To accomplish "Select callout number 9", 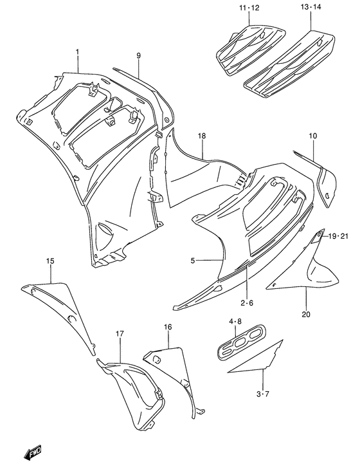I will point(138,56).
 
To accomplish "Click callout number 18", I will point(201,137).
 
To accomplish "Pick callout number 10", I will point(312,136).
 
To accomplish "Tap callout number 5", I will point(193,261).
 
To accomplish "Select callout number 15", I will point(50,261).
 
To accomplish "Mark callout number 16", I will point(168,328).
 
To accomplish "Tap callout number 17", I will point(120,333).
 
